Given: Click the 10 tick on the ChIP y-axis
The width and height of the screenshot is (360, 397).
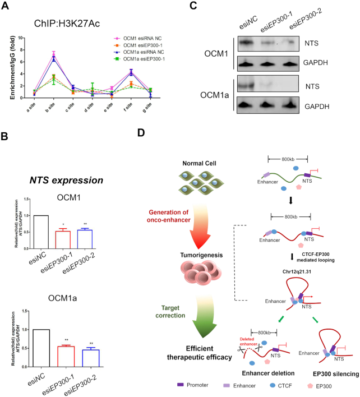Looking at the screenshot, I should coord(22,38).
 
